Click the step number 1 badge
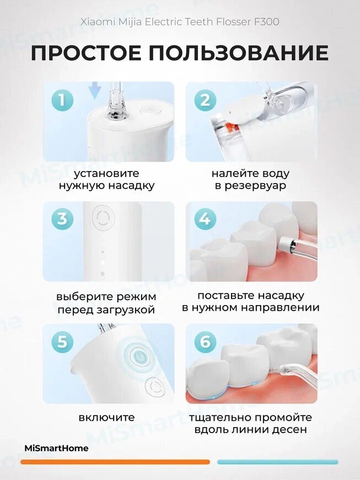(x=62, y=100)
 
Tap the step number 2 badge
(x=205, y=100)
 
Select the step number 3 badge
(x=62, y=219)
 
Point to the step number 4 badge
(x=205, y=219)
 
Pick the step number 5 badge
(x=62, y=341)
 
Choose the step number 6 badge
(x=205, y=341)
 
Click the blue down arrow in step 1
(x=94, y=90)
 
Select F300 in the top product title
(x=267, y=22)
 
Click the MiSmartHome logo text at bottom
(x=56, y=448)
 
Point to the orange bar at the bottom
(x=115, y=462)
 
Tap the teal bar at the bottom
(x=278, y=462)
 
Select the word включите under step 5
(x=107, y=417)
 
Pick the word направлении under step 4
(x=278, y=307)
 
